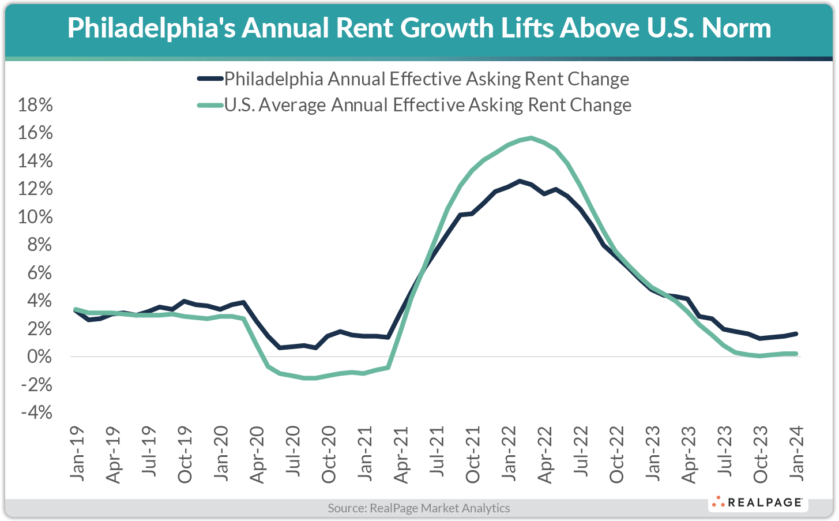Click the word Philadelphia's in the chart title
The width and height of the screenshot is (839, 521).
pyautogui.click(x=151, y=28)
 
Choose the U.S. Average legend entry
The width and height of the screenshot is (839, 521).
pyautogui.click(x=427, y=105)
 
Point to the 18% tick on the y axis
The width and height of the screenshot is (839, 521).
pyautogui.click(x=36, y=105)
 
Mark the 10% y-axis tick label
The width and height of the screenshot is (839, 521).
pyautogui.click(x=36, y=217)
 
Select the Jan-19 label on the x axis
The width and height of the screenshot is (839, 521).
pyautogui.click(x=77, y=454)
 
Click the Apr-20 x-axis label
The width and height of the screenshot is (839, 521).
pyautogui.click(x=257, y=455)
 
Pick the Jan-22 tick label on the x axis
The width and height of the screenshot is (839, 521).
pyautogui.click(x=509, y=454)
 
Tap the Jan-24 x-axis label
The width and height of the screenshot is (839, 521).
pyautogui.click(x=797, y=454)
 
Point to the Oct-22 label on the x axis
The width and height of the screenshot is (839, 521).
pyautogui.click(x=617, y=455)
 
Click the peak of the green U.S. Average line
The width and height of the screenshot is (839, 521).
pyautogui.click(x=531, y=138)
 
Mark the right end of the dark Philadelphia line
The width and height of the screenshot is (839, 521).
pyautogui.click(x=796, y=333)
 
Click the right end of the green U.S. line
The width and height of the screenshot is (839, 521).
pyautogui.click(x=796, y=354)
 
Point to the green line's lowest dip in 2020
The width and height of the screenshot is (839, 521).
pyautogui.click(x=308, y=378)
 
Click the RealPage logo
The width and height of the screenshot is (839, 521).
pyautogui.click(x=758, y=503)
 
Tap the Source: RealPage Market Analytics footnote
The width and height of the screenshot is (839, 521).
pyautogui.click(x=419, y=508)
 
